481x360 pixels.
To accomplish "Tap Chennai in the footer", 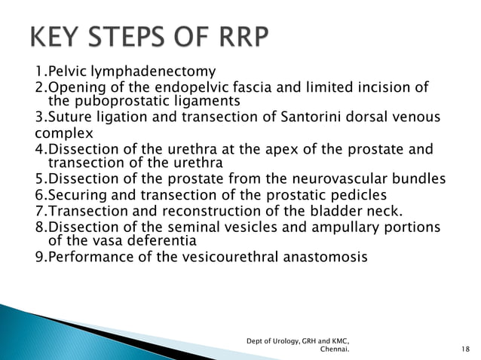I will coord(334,349).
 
